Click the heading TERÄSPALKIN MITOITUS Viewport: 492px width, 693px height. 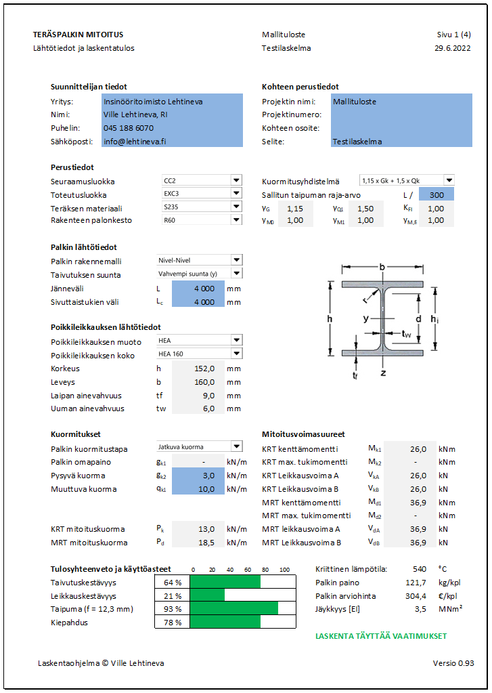pyautogui.click(x=78, y=35)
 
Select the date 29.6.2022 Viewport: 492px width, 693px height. pyautogui.click(x=453, y=48)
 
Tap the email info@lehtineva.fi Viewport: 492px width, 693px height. pyautogui.click(x=134, y=142)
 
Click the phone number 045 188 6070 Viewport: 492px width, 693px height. pyautogui.click(x=129, y=128)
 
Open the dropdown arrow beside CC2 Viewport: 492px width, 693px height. pyautogui.click(x=236, y=181)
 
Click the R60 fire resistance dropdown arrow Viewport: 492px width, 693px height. pyautogui.click(x=236, y=220)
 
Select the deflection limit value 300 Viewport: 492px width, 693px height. pyautogui.click(x=437, y=194)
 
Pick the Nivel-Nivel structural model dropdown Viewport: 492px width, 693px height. pyautogui.click(x=199, y=260)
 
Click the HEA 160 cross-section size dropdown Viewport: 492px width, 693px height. pyautogui.click(x=199, y=354)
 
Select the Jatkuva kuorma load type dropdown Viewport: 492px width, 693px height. pyautogui.click(x=199, y=446)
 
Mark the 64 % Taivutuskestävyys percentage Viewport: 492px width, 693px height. pyautogui.click(x=173, y=583)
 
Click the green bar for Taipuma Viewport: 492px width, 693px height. pyautogui.click(x=233, y=609)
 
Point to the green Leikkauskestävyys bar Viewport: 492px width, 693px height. pyautogui.click(x=207, y=595)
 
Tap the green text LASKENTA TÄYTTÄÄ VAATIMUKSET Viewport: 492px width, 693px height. pyautogui.click(x=381, y=636)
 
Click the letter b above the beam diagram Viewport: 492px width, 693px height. pyautogui.click(x=382, y=268)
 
